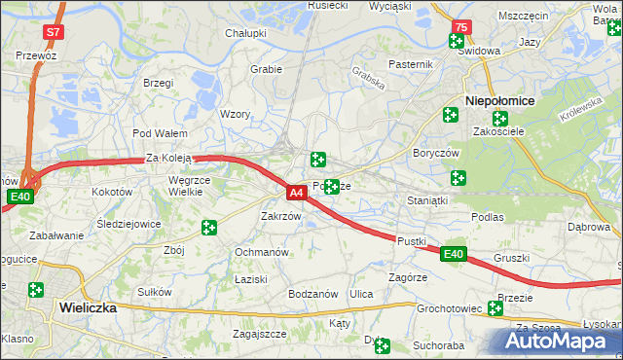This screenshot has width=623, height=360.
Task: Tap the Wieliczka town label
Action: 88,306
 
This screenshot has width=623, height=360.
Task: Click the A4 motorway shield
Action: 298,194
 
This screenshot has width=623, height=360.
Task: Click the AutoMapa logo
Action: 556,341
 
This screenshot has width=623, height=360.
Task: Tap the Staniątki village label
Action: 426,200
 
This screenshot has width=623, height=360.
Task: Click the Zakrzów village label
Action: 280,216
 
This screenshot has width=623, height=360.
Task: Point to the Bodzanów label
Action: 312,294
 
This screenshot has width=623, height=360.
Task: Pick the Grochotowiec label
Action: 450,309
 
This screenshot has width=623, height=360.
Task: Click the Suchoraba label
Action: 438,344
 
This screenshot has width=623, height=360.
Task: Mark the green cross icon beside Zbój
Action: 208,228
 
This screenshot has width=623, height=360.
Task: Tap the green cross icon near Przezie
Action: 495,308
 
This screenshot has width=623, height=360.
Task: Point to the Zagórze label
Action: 408,277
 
